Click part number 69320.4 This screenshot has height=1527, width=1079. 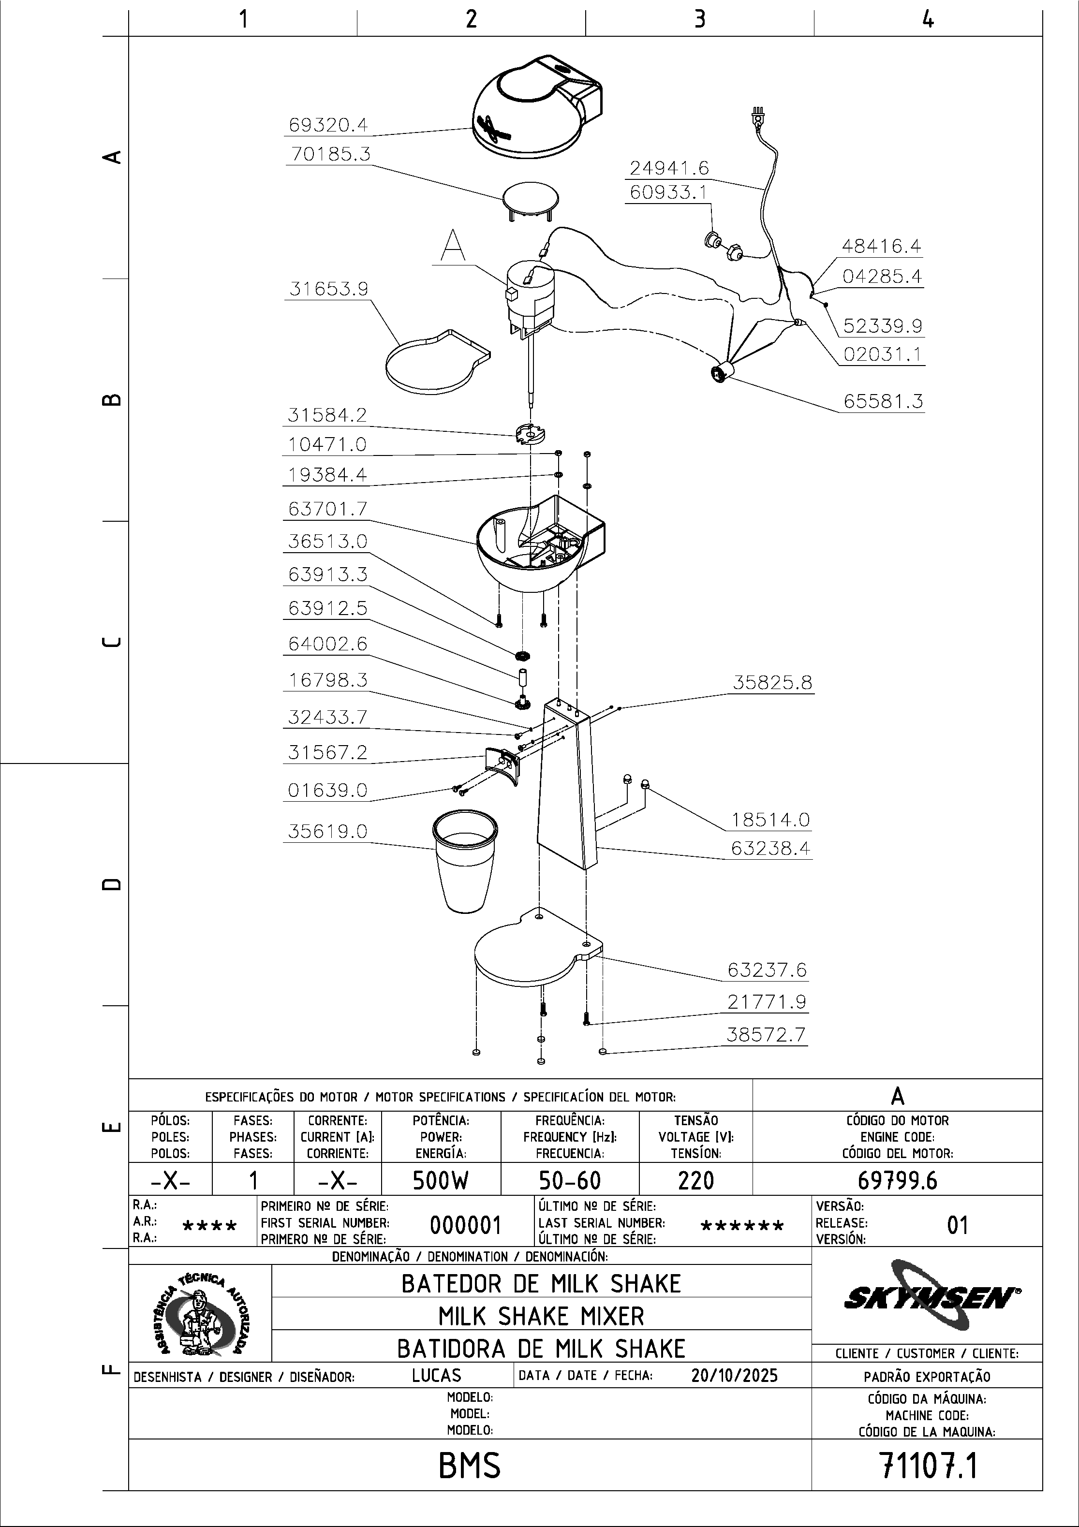click(x=327, y=125)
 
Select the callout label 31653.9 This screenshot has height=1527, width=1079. click(x=328, y=289)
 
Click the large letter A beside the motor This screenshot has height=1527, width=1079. click(x=453, y=246)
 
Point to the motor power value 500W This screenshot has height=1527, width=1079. click(x=441, y=1180)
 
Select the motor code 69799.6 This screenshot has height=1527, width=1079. click(x=897, y=1180)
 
